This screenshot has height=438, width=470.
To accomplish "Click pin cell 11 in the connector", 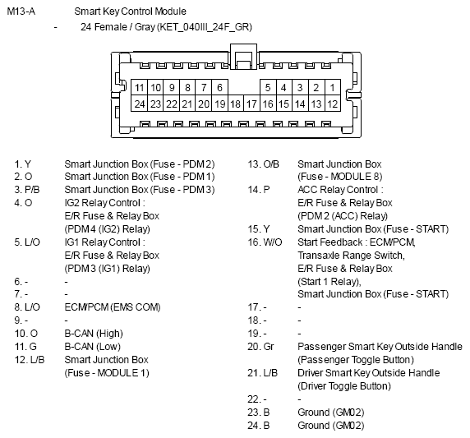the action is pyautogui.click(x=139, y=88).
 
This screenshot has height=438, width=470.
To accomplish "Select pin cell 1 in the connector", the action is pyautogui.click(x=333, y=88).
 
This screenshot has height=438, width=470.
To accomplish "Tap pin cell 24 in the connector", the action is pyautogui.click(x=139, y=104).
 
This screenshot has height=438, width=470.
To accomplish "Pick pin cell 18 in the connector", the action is pyautogui.click(x=236, y=104).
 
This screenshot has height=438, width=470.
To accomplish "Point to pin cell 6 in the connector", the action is pyautogui.click(x=219, y=88).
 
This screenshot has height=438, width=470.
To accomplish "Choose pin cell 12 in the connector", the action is pyautogui.click(x=333, y=104).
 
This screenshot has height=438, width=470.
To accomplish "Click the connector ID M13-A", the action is pyautogui.click(x=21, y=12).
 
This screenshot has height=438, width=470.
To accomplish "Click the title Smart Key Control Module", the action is pyautogui.click(x=130, y=12).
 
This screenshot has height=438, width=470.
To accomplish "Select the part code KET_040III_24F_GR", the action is pyautogui.click(x=204, y=27).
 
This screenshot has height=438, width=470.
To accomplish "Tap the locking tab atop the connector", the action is pyautogui.click(x=243, y=57).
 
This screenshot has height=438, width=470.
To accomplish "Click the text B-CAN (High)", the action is pyautogui.click(x=94, y=334).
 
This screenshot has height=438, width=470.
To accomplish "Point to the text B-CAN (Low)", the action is pyautogui.click(x=92, y=347).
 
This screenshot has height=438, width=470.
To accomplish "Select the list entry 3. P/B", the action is pyautogui.click(x=26, y=190).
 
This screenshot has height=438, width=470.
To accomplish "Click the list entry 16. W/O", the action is pyautogui.click(x=265, y=242).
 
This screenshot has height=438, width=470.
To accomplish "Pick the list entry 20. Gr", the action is pyautogui.click(x=260, y=347).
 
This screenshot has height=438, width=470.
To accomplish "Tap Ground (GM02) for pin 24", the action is pyautogui.click(x=331, y=426).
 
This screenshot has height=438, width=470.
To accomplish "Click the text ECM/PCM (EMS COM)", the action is pyautogui.click(x=113, y=307).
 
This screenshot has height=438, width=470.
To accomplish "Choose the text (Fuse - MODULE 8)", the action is pyautogui.click(x=340, y=177).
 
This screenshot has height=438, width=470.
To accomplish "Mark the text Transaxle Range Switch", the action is pyautogui.click(x=350, y=256).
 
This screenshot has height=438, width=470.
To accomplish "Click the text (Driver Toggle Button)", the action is pyautogui.click(x=344, y=386).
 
